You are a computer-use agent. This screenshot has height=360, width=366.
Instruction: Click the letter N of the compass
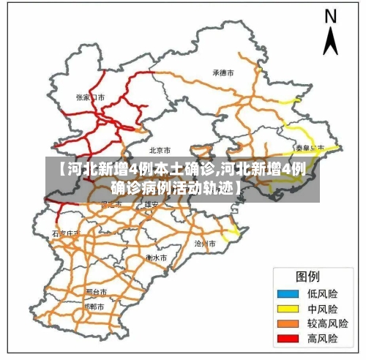[x=330, y=16]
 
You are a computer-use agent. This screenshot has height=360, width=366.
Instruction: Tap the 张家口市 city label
[x=91, y=97]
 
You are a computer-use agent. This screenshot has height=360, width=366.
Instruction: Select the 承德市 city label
[x=223, y=73]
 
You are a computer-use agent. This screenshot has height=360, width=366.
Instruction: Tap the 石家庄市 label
[x=64, y=233]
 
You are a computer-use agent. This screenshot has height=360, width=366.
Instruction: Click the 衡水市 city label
[x=157, y=258]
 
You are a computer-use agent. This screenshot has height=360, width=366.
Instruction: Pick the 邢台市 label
[x=97, y=291]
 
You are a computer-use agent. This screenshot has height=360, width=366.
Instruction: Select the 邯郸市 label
[x=95, y=307]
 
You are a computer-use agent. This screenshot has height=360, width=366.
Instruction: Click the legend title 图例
[x=307, y=277]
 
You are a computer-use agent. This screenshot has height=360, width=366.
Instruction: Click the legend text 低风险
[x=322, y=293]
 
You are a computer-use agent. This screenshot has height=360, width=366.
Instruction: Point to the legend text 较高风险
[x=327, y=324]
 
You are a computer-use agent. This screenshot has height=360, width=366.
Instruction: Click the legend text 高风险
[x=322, y=340]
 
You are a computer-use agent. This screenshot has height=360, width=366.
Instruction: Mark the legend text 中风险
[x=322, y=309]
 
